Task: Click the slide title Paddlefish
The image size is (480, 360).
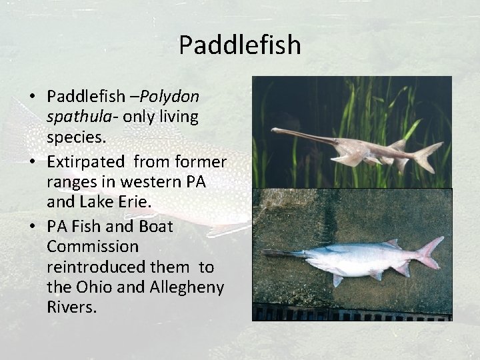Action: [240, 45]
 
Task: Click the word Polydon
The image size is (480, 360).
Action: [169, 97]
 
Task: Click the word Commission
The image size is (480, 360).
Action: [93, 247]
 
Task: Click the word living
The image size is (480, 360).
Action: [178, 117]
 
